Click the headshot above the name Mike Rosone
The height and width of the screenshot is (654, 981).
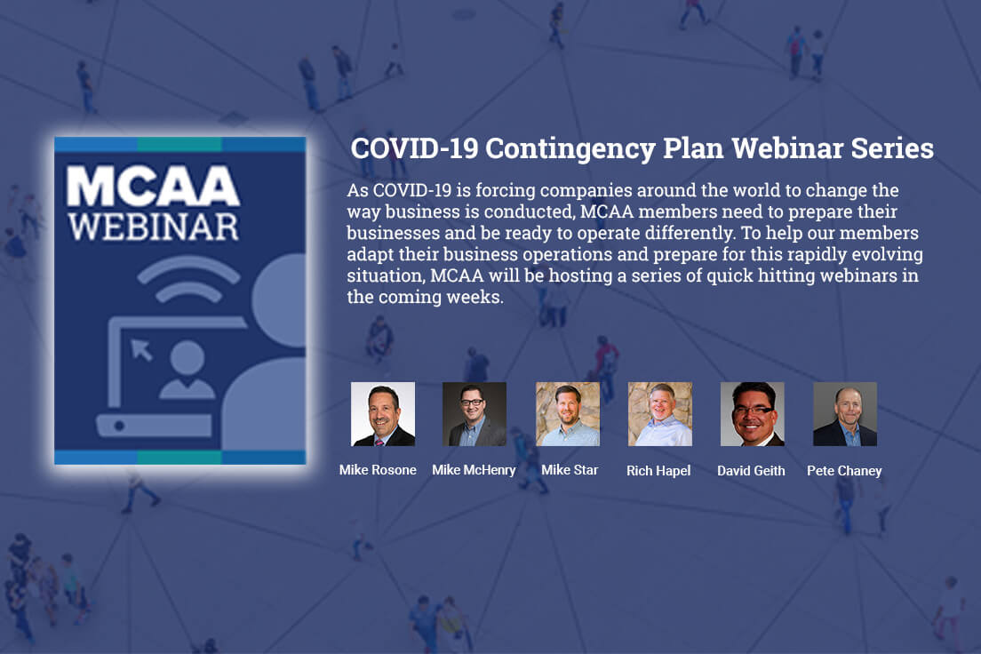point(383,414)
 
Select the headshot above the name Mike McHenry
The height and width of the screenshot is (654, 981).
point(475,414)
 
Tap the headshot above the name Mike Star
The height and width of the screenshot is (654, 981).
point(568,414)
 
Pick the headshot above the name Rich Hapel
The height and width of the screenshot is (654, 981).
point(660,414)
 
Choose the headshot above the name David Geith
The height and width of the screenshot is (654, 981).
point(752,414)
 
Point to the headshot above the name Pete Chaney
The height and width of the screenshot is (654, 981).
point(845,414)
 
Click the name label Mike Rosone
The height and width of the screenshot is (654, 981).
point(378,470)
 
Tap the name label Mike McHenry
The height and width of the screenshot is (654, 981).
point(474,471)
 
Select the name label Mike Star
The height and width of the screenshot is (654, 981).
point(570,470)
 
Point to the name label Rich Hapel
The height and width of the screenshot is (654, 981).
point(658,471)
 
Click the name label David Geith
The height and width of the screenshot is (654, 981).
point(751,471)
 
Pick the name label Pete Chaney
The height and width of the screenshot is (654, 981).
point(844,471)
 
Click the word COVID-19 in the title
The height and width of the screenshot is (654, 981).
point(414,148)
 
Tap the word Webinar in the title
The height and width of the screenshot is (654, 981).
point(787,148)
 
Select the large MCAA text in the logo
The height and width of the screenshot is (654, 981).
point(153,186)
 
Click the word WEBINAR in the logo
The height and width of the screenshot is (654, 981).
point(153,227)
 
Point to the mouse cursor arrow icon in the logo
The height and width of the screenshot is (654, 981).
point(141,350)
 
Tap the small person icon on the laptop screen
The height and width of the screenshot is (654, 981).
point(187,370)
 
